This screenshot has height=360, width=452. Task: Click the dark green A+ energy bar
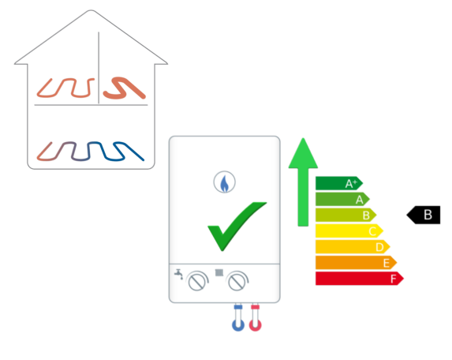339,183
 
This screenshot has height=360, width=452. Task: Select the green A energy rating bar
342,199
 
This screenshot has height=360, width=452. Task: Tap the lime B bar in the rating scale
346,215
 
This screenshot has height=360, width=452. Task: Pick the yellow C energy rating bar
349,231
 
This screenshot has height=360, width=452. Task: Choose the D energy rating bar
353,246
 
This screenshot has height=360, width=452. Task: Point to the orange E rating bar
357,262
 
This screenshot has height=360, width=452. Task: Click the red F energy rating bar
360,279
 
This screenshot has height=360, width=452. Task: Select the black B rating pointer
424,215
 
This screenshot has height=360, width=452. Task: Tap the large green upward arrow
303,182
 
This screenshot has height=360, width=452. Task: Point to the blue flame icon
225,182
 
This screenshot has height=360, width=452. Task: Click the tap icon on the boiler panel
179,274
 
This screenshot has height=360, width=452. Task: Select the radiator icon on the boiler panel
219,272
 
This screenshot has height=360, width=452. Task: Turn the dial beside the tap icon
197,281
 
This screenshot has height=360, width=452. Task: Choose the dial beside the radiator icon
237,281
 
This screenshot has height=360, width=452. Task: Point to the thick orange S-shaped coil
125,88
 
